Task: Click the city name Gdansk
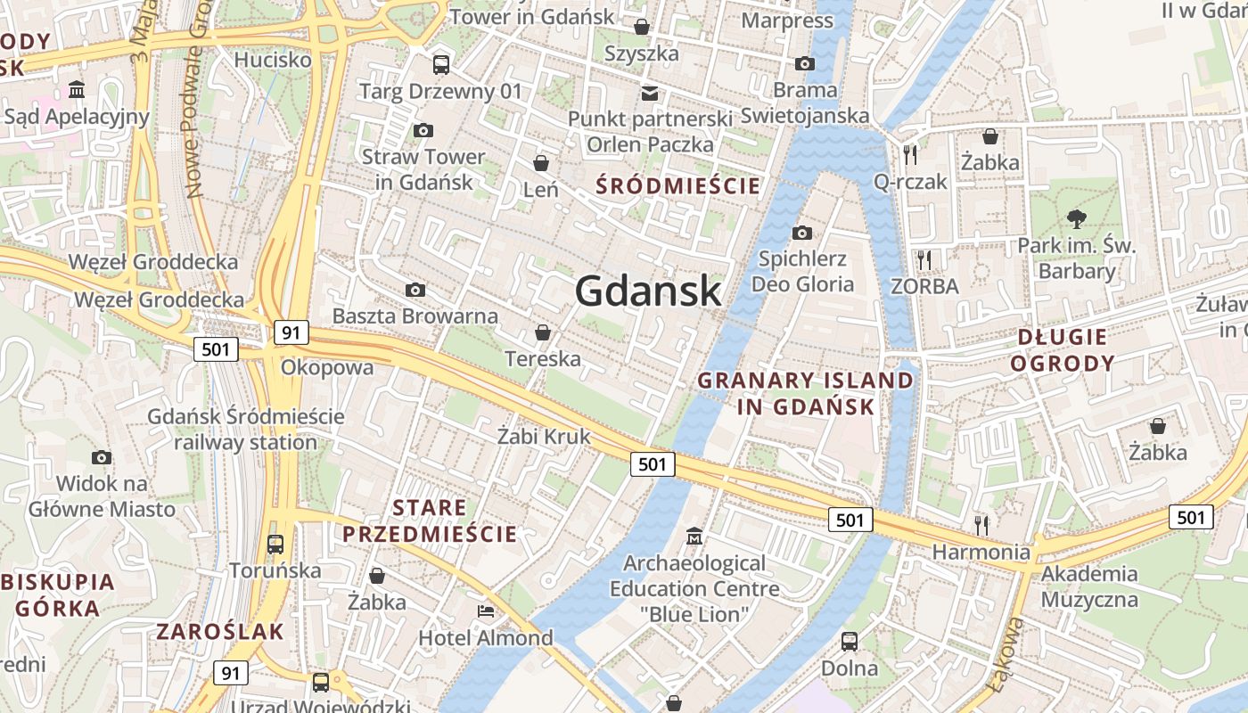(648, 291)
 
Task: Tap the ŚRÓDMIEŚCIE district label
(678, 186)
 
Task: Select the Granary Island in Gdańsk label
(805, 393)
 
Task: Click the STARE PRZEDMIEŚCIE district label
(430, 521)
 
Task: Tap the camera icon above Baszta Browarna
(415, 291)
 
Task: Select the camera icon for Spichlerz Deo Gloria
(802, 234)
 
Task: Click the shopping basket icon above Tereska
(542, 333)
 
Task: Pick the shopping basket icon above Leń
(540, 163)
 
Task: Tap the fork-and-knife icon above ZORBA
(924, 260)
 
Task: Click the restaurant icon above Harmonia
(981, 525)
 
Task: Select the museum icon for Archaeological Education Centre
(694, 537)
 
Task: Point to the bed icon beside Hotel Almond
(486, 611)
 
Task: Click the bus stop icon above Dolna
(850, 642)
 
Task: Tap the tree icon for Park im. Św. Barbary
(1077, 218)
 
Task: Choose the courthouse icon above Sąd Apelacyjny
(76, 90)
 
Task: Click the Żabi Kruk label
(544, 437)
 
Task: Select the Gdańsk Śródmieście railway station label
(245, 429)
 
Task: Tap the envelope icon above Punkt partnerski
(650, 93)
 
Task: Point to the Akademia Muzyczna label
(1089, 586)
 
